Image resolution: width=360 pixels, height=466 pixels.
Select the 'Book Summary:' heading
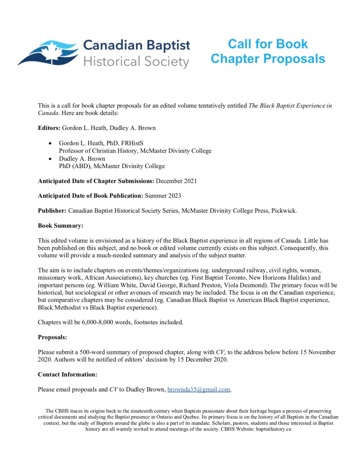pos(61,225)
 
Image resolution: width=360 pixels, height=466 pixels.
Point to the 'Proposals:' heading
pos(53,338)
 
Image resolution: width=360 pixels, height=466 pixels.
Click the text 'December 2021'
pos(177,181)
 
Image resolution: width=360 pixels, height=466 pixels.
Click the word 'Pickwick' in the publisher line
pos(284,211)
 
